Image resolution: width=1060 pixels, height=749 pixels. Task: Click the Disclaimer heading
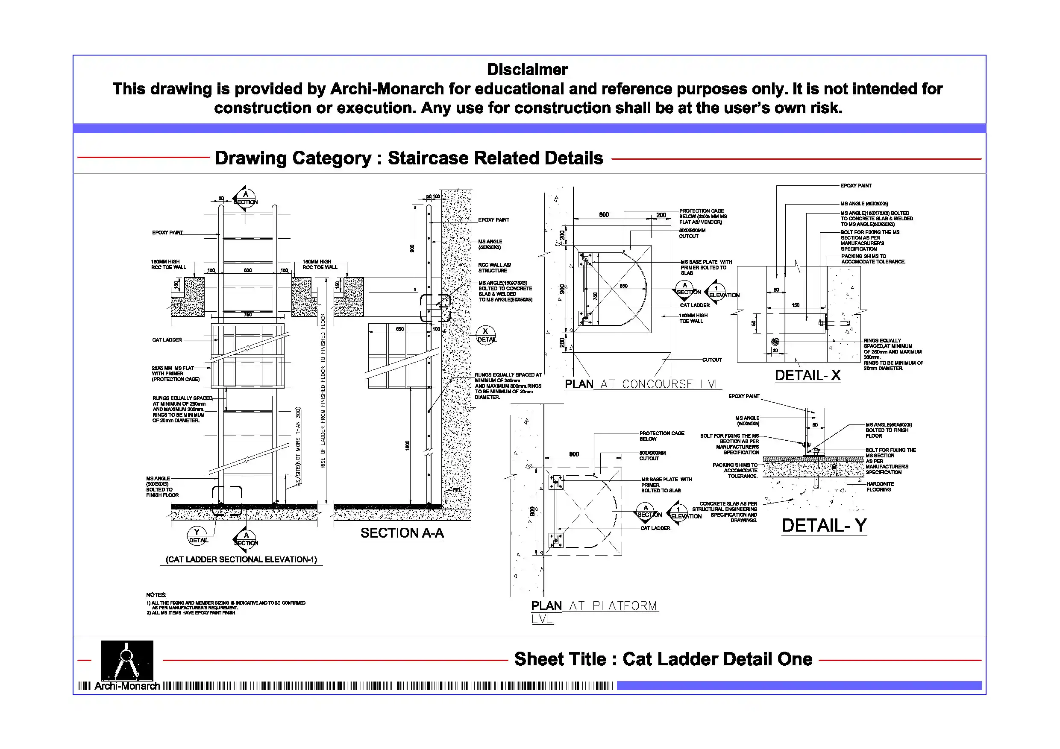[x=527, y=70]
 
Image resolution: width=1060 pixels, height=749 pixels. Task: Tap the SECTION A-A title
[x=402, y=533]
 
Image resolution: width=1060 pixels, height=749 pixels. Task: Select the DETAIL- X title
[x=807, y=376]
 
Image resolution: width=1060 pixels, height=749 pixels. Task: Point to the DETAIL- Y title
[x=824, y=526]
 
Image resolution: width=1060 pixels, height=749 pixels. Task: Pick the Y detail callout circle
[x=197, y=536]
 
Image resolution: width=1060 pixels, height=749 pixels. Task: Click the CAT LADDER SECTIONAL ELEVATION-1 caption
[x=241, y=560]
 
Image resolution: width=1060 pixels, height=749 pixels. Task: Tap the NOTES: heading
[x=156, y=595]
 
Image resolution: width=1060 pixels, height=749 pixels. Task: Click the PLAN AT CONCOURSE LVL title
[x=642, y=384]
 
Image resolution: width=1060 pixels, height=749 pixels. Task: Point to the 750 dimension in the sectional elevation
[x=248, y=315]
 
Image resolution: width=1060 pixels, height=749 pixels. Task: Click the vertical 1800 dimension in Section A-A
[x=407, y=446]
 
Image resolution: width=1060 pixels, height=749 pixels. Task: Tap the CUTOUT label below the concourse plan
[x=711, y=360]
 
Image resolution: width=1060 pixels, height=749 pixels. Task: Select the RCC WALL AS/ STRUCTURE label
[x=494, y=268]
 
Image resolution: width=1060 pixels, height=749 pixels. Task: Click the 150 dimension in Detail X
[x=796, y=305]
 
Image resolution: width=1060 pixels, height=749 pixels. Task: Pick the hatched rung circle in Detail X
[x=775, y=342]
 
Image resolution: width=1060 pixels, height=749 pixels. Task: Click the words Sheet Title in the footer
[x=560, y=659]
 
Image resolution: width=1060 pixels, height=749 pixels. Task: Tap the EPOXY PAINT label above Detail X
[x=855, y=185]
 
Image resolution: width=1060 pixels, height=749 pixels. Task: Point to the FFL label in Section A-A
[x=457, y=490]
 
